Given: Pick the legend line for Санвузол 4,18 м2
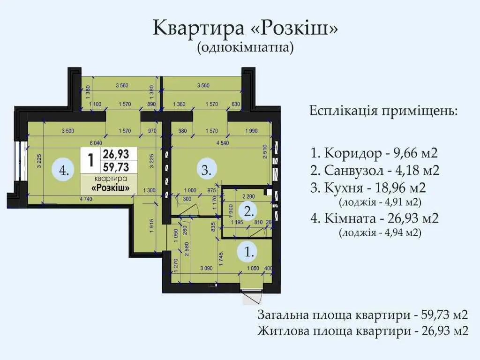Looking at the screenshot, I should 375,170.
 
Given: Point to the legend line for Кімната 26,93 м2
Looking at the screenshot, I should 374,217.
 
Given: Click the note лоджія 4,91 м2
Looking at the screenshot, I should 380,202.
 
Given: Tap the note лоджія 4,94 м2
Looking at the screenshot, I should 380,232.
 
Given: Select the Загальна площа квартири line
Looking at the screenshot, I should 363,314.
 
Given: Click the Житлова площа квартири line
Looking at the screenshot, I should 363,330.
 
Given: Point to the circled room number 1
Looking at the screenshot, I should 249,253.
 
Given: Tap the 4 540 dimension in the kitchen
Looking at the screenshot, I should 222,143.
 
